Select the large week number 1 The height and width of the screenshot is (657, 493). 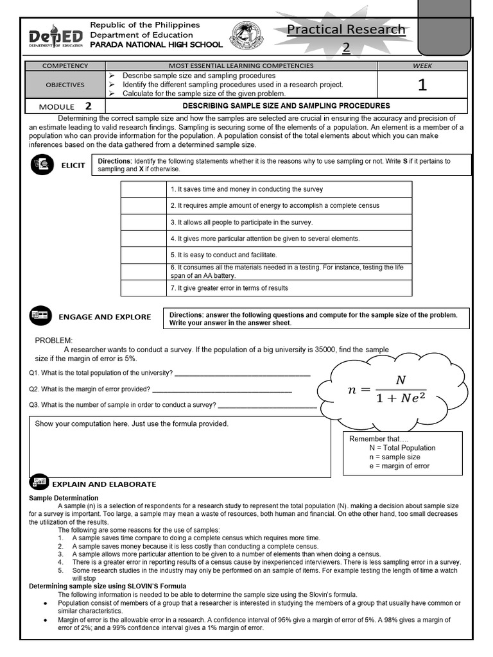pos(422,85)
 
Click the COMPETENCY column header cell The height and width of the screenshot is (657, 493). pos(65,65)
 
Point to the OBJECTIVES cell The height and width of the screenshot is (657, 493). pos(65,85)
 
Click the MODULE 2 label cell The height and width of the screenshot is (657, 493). pos(65,107)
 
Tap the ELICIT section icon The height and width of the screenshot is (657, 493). pos(42,165)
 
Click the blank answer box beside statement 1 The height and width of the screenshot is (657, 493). pos(143,189)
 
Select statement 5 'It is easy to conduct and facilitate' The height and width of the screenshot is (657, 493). pos(219,255)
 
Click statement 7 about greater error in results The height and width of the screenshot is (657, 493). pos(229,288)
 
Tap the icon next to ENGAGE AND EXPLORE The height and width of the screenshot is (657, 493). pos(40,316)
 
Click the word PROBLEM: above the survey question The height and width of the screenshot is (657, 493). pos(54,340)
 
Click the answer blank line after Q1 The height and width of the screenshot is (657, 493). pos(242,373)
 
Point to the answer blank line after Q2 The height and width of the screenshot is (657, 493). pos(221,389)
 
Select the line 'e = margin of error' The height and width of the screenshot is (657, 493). pos(399,466)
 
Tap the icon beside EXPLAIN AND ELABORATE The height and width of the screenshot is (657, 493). pos(39,482)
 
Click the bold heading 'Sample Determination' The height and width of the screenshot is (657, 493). pos(64,498)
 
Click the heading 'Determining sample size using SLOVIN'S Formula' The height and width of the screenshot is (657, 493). pos(108,586)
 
